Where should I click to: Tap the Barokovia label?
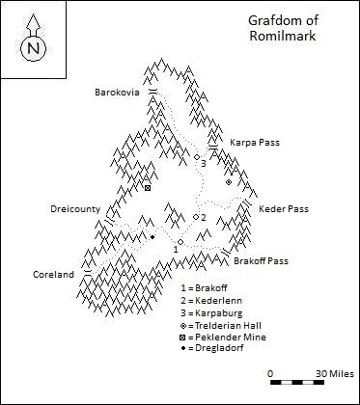(117, 93)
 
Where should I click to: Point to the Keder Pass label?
(284, 208)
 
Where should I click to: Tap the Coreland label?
(53, 274)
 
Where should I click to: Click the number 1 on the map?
(175, 250)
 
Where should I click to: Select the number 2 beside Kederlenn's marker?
(203, 218)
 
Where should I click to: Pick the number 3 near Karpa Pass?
(204, 163)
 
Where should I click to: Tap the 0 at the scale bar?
(271, 371)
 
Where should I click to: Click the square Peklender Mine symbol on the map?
(148, 187)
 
